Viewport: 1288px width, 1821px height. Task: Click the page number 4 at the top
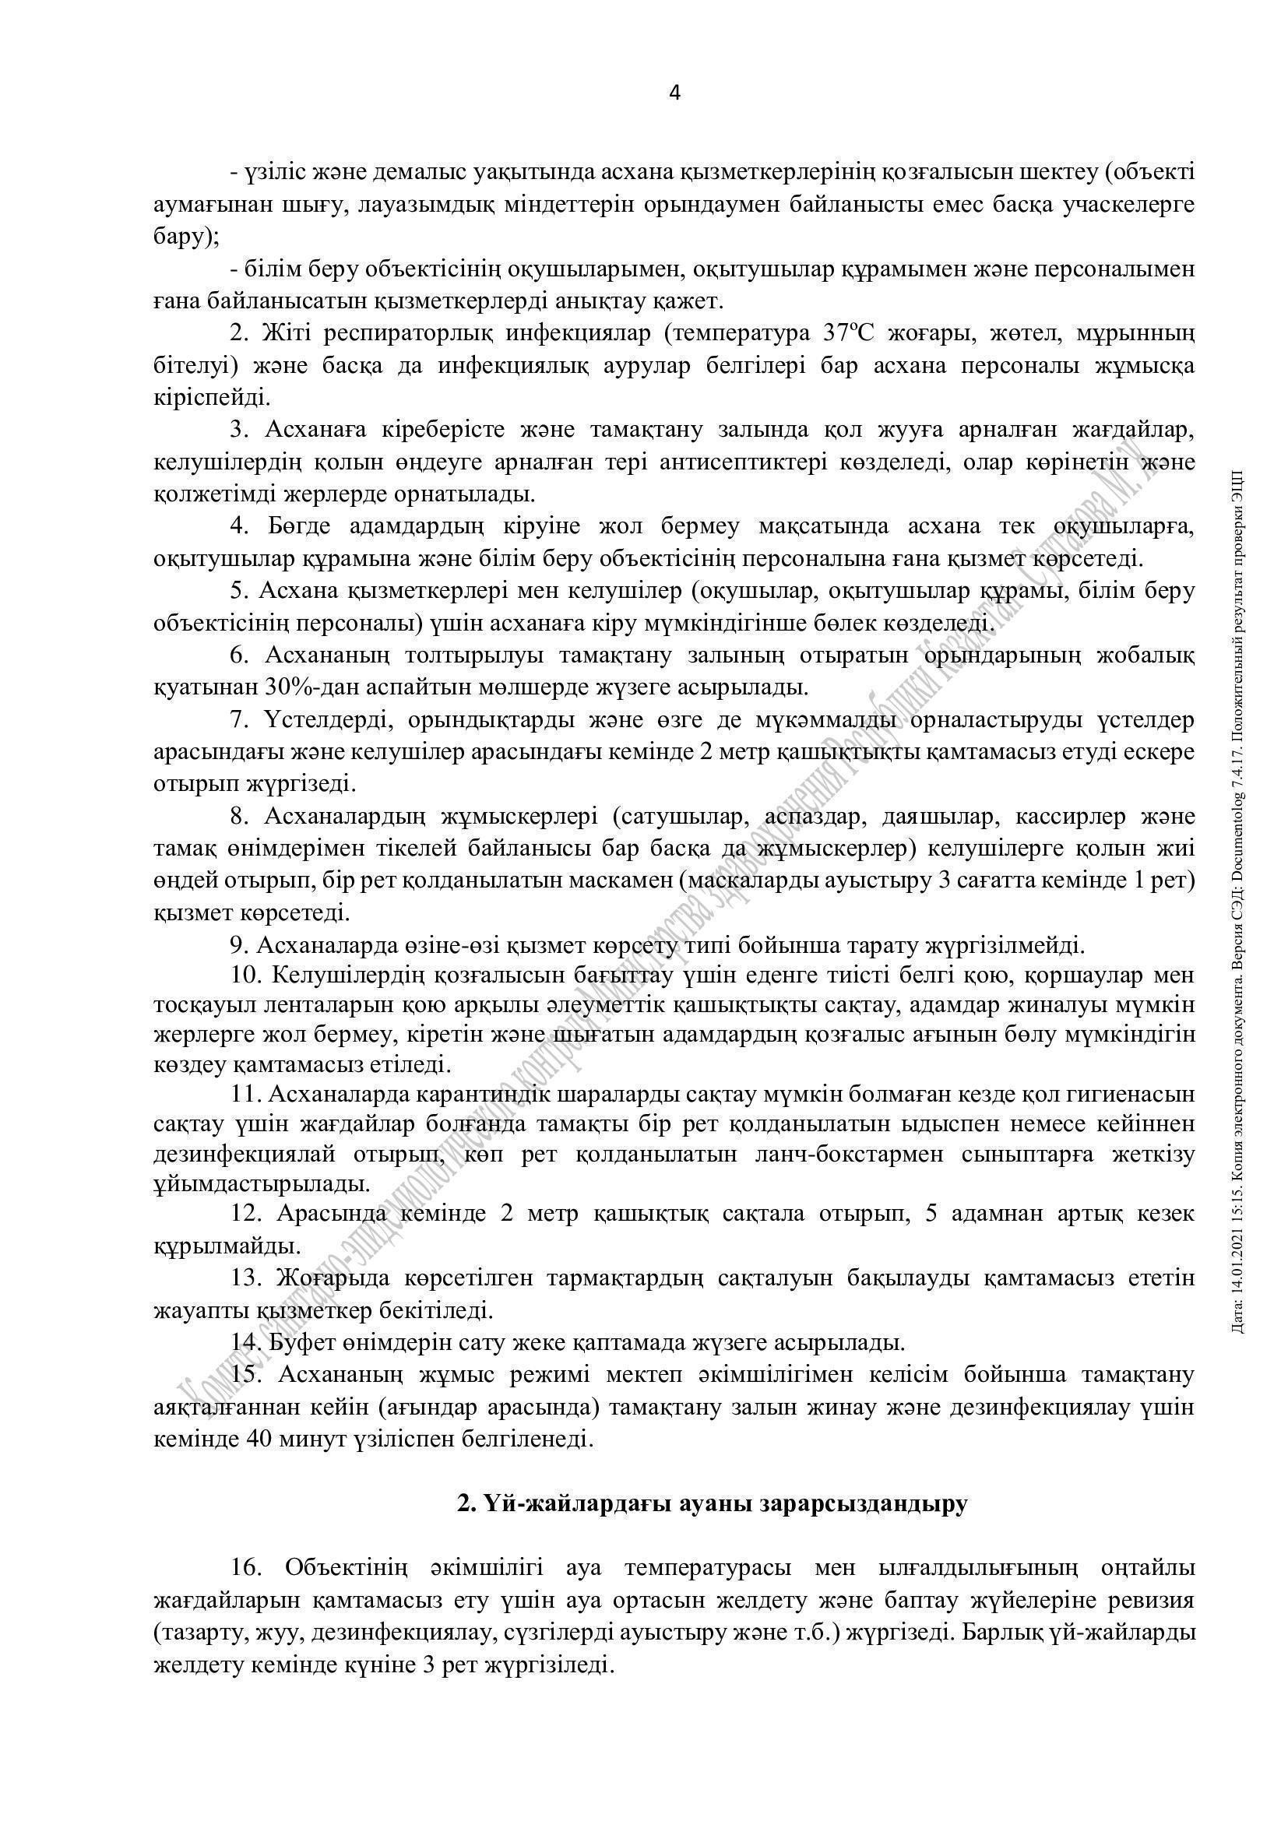675,93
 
